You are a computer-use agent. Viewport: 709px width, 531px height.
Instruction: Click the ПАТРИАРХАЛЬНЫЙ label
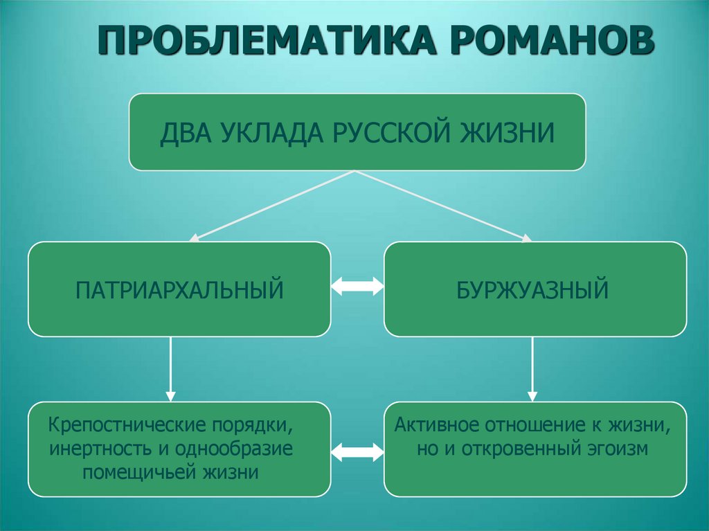click(179, 289)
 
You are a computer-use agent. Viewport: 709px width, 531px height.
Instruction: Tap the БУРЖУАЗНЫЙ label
click(532, 289)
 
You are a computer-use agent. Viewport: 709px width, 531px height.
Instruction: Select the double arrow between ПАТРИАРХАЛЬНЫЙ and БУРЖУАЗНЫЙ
click(357, 286)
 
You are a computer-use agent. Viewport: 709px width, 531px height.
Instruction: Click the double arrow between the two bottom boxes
click(357, 451)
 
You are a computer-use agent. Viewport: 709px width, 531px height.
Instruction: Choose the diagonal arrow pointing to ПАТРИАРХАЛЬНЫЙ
click(273, 206)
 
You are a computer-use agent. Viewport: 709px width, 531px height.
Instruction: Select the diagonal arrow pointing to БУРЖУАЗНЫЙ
click(444, 206)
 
